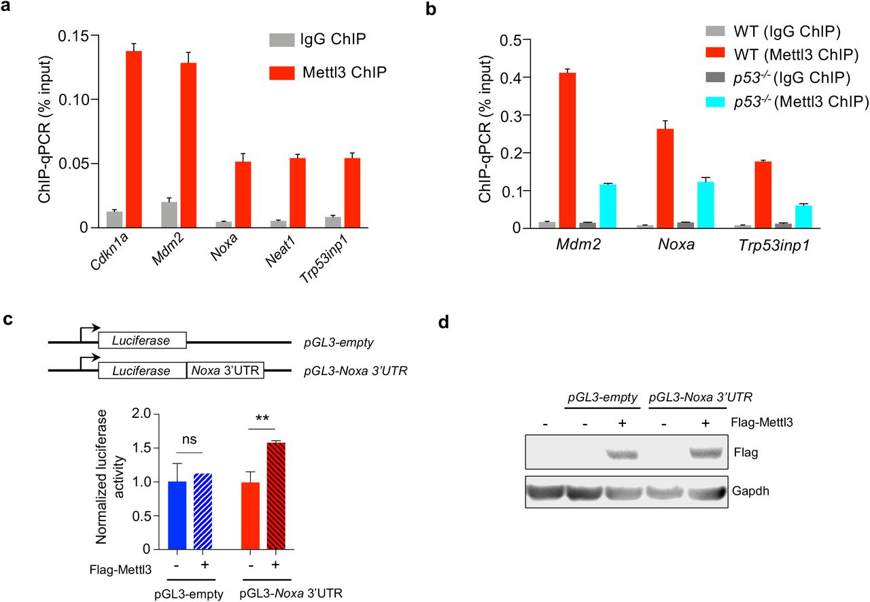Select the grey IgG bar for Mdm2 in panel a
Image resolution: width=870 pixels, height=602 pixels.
164,215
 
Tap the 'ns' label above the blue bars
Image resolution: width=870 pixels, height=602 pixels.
190,440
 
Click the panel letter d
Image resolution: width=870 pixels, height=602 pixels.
444,321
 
